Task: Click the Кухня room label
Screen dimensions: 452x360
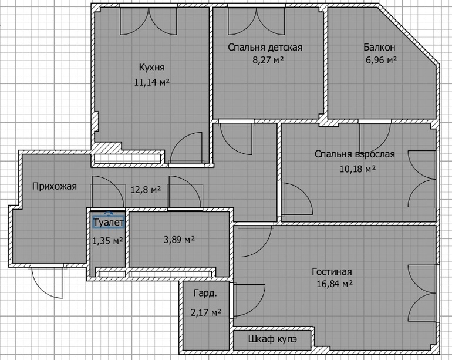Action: click(x=152, y=68)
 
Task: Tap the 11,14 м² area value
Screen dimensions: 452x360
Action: click(x=151, y=82)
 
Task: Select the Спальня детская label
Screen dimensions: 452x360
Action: click(x=265, y=47)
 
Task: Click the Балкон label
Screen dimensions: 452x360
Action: click(x=379, y=47)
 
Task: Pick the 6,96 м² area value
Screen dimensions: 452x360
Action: click(x=382, y=60)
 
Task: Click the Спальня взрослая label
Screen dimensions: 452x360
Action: click(x=355, y=154)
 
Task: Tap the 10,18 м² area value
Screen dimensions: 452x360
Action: click(x=357, y=169)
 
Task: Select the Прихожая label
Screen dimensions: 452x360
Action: click(x=55, y=186)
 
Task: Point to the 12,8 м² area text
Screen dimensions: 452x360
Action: click(x=146, y=190)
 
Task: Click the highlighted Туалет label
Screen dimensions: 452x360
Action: click(x=109, y=223)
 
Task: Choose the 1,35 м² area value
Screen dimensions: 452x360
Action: click(x=108, y=240)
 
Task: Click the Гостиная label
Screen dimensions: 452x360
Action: click(x=332, y=272)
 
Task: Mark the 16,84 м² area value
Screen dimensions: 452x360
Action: click(x=335, y=284)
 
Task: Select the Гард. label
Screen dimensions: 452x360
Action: click(x=205, y=294)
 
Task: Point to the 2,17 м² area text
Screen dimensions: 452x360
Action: click(x=206, y=312)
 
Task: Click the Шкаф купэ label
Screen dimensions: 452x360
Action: click(x=272, y=339)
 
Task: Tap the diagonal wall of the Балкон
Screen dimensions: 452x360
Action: click(x=408, y=34)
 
